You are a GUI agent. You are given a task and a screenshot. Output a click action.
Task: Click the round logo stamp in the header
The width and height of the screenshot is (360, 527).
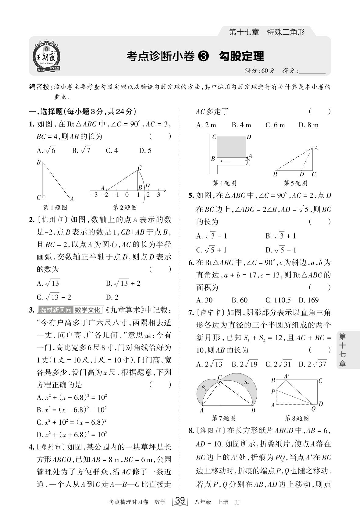coord(46,56)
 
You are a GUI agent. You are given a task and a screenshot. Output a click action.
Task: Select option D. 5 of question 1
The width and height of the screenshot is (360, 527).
coord(145,150)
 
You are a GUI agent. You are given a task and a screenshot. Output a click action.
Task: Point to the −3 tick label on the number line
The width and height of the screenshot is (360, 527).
coord(94,195)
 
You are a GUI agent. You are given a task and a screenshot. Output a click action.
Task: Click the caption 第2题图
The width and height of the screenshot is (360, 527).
coord(125,208)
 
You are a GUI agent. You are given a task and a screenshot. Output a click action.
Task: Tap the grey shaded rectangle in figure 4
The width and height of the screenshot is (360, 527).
coord(231,147)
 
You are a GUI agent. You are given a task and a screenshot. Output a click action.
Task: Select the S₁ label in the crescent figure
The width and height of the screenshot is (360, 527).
coord(204,388)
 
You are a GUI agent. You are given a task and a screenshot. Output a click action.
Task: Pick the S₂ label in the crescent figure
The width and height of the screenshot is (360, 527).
coord(246,382)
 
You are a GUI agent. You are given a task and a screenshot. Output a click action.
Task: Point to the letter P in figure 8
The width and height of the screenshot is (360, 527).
coord(273,392)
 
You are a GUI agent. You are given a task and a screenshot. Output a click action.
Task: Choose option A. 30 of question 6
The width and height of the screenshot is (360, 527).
coord(205,300)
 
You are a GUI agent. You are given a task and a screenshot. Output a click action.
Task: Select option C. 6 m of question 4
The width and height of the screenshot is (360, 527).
coord(275,125)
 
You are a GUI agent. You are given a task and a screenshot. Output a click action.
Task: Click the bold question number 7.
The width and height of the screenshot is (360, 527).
coord(191,313)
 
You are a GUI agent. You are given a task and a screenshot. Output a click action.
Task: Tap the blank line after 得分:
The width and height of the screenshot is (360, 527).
coord(312,71)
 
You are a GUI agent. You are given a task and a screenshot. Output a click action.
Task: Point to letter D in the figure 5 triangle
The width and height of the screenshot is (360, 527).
coord(301,174)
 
